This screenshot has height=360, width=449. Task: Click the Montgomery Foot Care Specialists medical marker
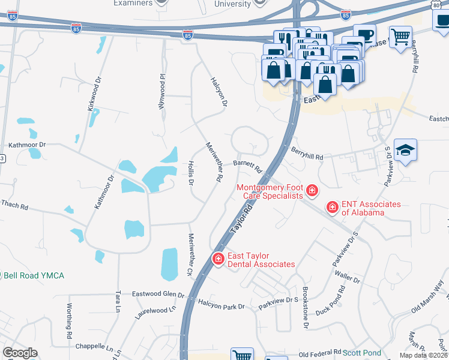coord(312,191)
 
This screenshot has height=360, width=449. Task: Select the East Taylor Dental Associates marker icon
coord(218,259)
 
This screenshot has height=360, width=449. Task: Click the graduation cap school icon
coord(406,151)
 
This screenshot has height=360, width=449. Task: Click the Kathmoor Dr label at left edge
coord(27,145)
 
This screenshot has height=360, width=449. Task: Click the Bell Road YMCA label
coord(34,275)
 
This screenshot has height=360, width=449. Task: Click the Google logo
coord(20,353)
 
